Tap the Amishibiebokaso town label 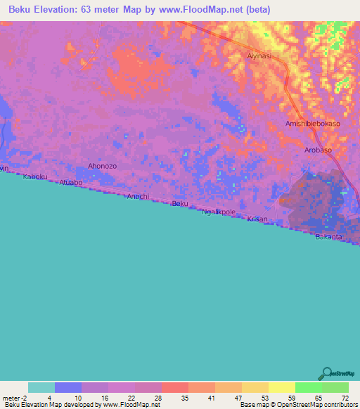[313, 124]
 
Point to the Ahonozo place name [101, 166]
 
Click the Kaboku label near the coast [35, 177]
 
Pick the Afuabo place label [71, 183]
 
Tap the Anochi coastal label [138, 196]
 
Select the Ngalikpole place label [218, 212]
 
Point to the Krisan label [257, 219]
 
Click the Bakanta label [328, 237]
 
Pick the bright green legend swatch [308, 387]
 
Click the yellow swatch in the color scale [281, 387]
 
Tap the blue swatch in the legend [68, 387]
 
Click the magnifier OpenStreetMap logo [326, 373]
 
